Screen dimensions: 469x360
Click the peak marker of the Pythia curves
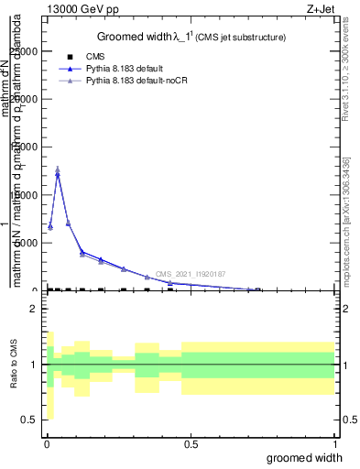[x=58, y=172]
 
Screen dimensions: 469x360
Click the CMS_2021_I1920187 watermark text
[x=191, y=274]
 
